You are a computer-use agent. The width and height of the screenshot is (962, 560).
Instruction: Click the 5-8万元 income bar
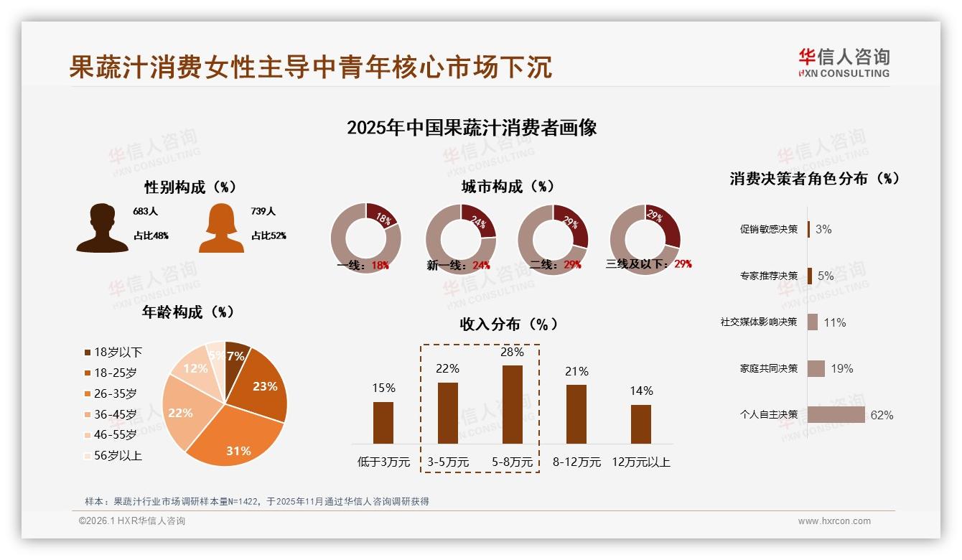pyautogui.click(x=512, y=404)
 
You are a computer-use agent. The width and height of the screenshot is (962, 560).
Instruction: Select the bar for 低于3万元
pyautogui.click(x=383, y=422)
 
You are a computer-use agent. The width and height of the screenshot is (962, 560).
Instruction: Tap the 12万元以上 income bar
pyautogui.click(x=641, y=424)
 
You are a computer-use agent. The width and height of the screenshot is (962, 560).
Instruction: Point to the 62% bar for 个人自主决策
pyautogui.click(x=836, y=415)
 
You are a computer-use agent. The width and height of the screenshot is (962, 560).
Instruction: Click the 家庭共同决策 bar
pyautogui.click(x=816, y=368)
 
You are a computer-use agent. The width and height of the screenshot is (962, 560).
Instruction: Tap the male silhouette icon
pyautogui.click(x=103, y=228)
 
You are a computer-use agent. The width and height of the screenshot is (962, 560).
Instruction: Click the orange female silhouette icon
pyautogui.click(x=221, y=228)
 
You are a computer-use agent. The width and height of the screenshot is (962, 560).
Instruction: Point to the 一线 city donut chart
pyautogui.click(x=365, y=238)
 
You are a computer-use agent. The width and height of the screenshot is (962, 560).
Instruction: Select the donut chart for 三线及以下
pyautogui.click(x=645, y=238)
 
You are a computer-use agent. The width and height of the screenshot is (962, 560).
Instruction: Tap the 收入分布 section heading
pyautogui.click(x=508, y=324)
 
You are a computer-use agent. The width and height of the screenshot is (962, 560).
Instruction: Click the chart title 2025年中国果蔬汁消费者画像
pyautogui.click(x=472, y=128)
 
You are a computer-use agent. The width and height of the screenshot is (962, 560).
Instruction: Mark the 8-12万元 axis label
pyautogui.click(x=576, y=462)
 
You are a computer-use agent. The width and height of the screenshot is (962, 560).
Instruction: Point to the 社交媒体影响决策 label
pyautogui.click(x=759, y=322)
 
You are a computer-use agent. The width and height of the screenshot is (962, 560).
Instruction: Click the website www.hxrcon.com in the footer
pyautogui.click(x=834, y=521)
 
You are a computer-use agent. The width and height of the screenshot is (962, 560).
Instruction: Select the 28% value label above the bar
pyautogui.click(x=512, y=353)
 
